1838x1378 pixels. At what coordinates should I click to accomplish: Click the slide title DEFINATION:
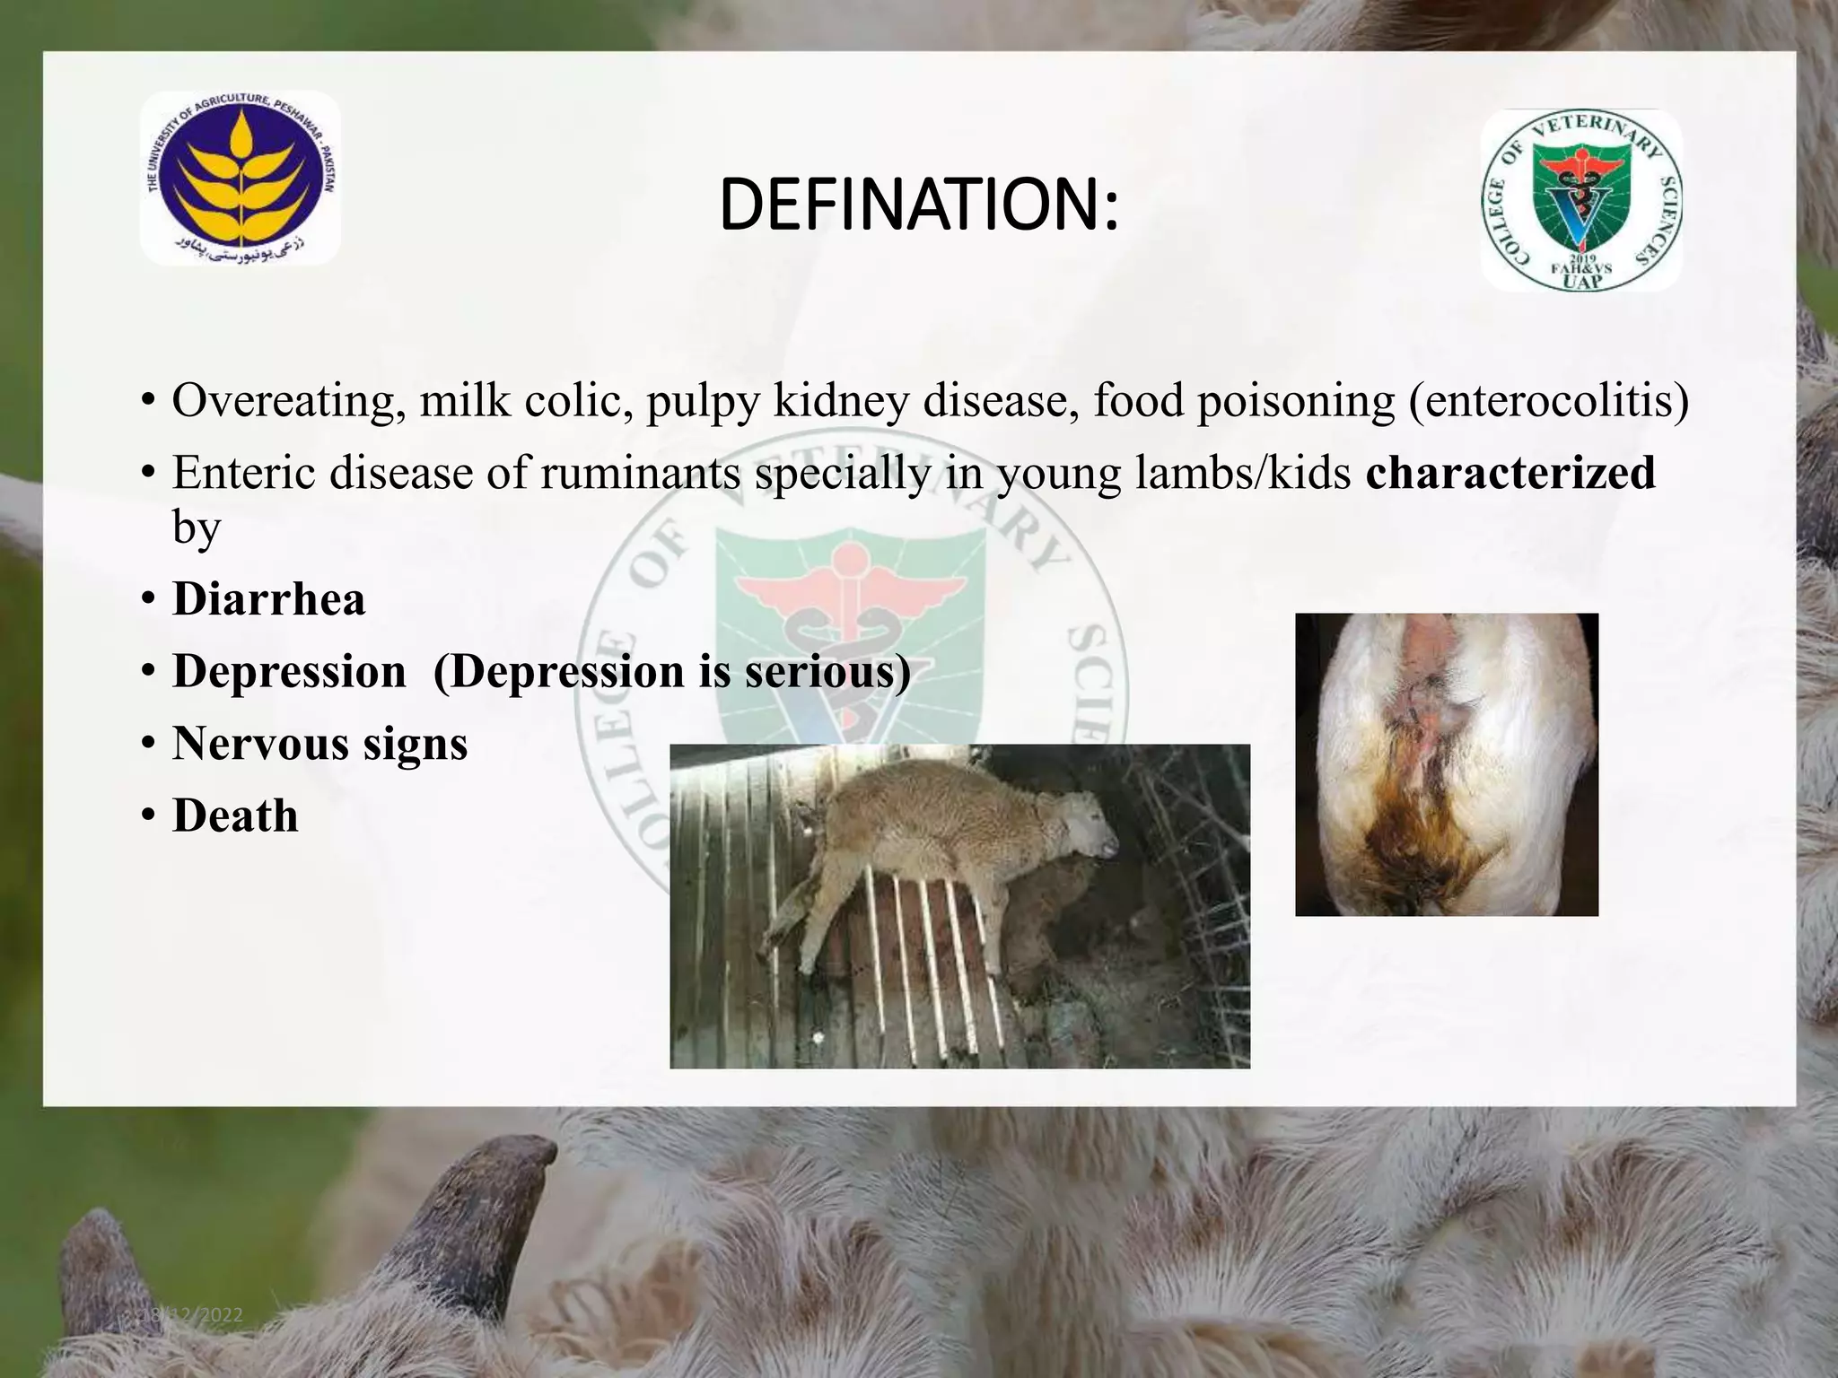919,205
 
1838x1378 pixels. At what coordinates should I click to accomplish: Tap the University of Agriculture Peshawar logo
240,179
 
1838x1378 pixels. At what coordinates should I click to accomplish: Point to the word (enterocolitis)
1549,401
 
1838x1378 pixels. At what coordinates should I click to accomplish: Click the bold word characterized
1510,473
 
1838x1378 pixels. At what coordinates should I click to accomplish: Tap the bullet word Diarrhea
269,599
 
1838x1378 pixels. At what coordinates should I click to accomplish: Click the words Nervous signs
320,744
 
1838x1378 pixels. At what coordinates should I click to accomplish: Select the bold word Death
235,816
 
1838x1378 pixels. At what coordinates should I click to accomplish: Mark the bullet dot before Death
148,817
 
